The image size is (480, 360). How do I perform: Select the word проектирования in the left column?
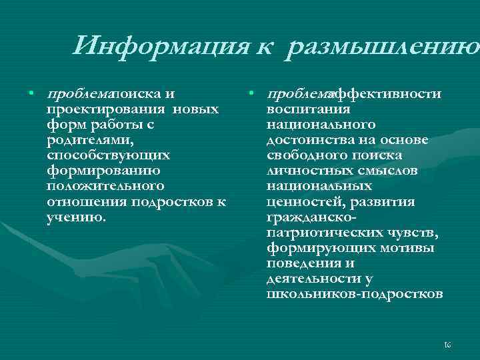point(107,109)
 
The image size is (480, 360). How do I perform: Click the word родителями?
point(90,140)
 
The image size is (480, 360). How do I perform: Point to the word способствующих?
point(109,155)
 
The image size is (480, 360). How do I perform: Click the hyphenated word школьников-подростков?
point(354,293)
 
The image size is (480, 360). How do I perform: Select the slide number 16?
point(447,344)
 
